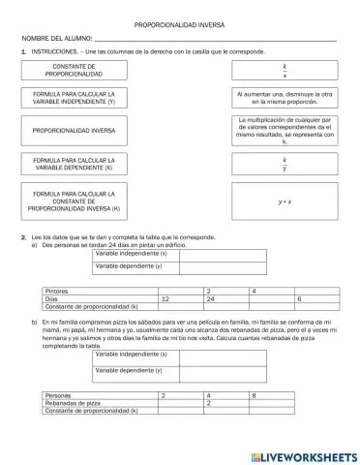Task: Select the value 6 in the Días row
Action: (x=300, y=298)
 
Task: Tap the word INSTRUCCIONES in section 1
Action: (x=57, y=50)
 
